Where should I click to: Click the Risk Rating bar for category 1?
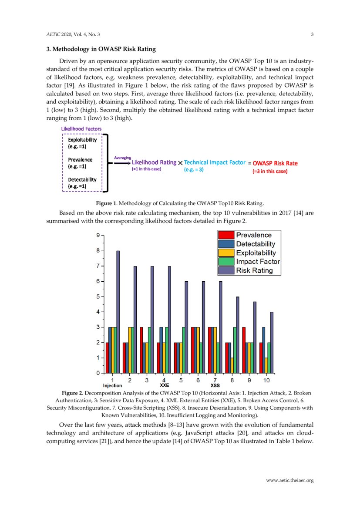(x=118, y=312)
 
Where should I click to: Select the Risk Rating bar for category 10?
(x=272, y=342)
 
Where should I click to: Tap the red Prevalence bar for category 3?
(x=141, y=350)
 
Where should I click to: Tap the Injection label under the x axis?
(x=112, y=385)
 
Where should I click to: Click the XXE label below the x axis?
(x=164, y=385)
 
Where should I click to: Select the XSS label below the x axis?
(x=215, y=385)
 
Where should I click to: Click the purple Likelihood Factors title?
(x=81, y=129)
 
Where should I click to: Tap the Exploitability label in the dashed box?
(x=82, y=140)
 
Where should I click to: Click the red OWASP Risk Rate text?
(x=275, y=163)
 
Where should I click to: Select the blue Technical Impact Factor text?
(x=215, y=162)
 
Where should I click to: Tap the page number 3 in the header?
(x=312, y=34)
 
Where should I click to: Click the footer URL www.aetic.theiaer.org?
(x=289, y=480)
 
